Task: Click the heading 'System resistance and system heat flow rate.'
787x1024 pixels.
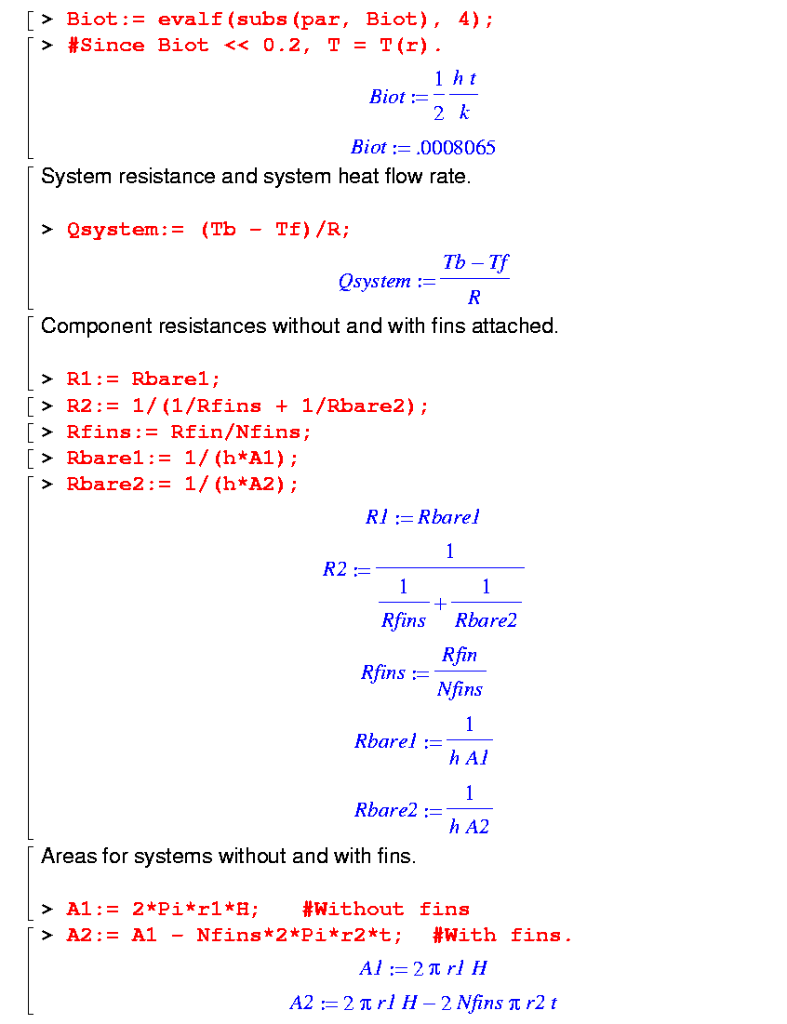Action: pyautogui.click(x=256, y=177)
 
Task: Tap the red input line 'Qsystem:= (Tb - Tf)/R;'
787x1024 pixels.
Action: pyautogui.click(x=208, y=230)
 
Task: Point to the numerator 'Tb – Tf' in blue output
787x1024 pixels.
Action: pyautogui.click(x=475, y=263)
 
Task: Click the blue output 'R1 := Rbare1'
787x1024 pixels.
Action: pyautogui.click(x=422, y=518)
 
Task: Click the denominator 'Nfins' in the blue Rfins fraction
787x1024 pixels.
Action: pyautogui.click(x=460, y=689)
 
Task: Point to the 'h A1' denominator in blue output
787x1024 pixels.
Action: pyautogui.click(x=469, y=758)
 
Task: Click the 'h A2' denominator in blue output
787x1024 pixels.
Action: pyautogui.click(x=469, y=827)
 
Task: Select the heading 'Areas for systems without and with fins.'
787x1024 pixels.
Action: pyautogui.click(x=229, y=856)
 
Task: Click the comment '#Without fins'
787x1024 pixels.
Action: pyautogui.click(x=385, y=909)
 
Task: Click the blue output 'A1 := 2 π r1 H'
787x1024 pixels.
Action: pyautogui.click(x=423, y=968)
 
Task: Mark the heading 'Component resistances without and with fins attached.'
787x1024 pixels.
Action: pyautogui.click(x=300, y=326)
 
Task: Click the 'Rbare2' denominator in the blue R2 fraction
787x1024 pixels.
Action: pyautogui.click(x=486, y=620)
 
